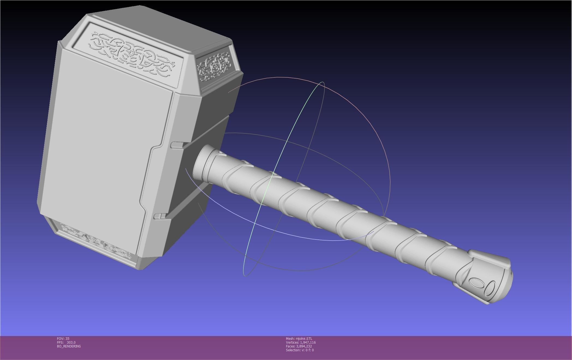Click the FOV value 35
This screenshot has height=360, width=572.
pyautogui.click(x=67, y=338)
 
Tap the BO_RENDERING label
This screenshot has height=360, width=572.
pyautogui.click(x=69, y=346)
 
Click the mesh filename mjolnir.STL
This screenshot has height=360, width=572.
pyautogui.click(x=304, y=338)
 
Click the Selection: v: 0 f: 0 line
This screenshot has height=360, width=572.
pyautogui.click(x=300, y=350)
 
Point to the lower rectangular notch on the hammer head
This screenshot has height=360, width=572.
pyautogui.click(x=160, y=216)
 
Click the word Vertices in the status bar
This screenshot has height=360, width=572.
pyautogui.click(x=292, y=342)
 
